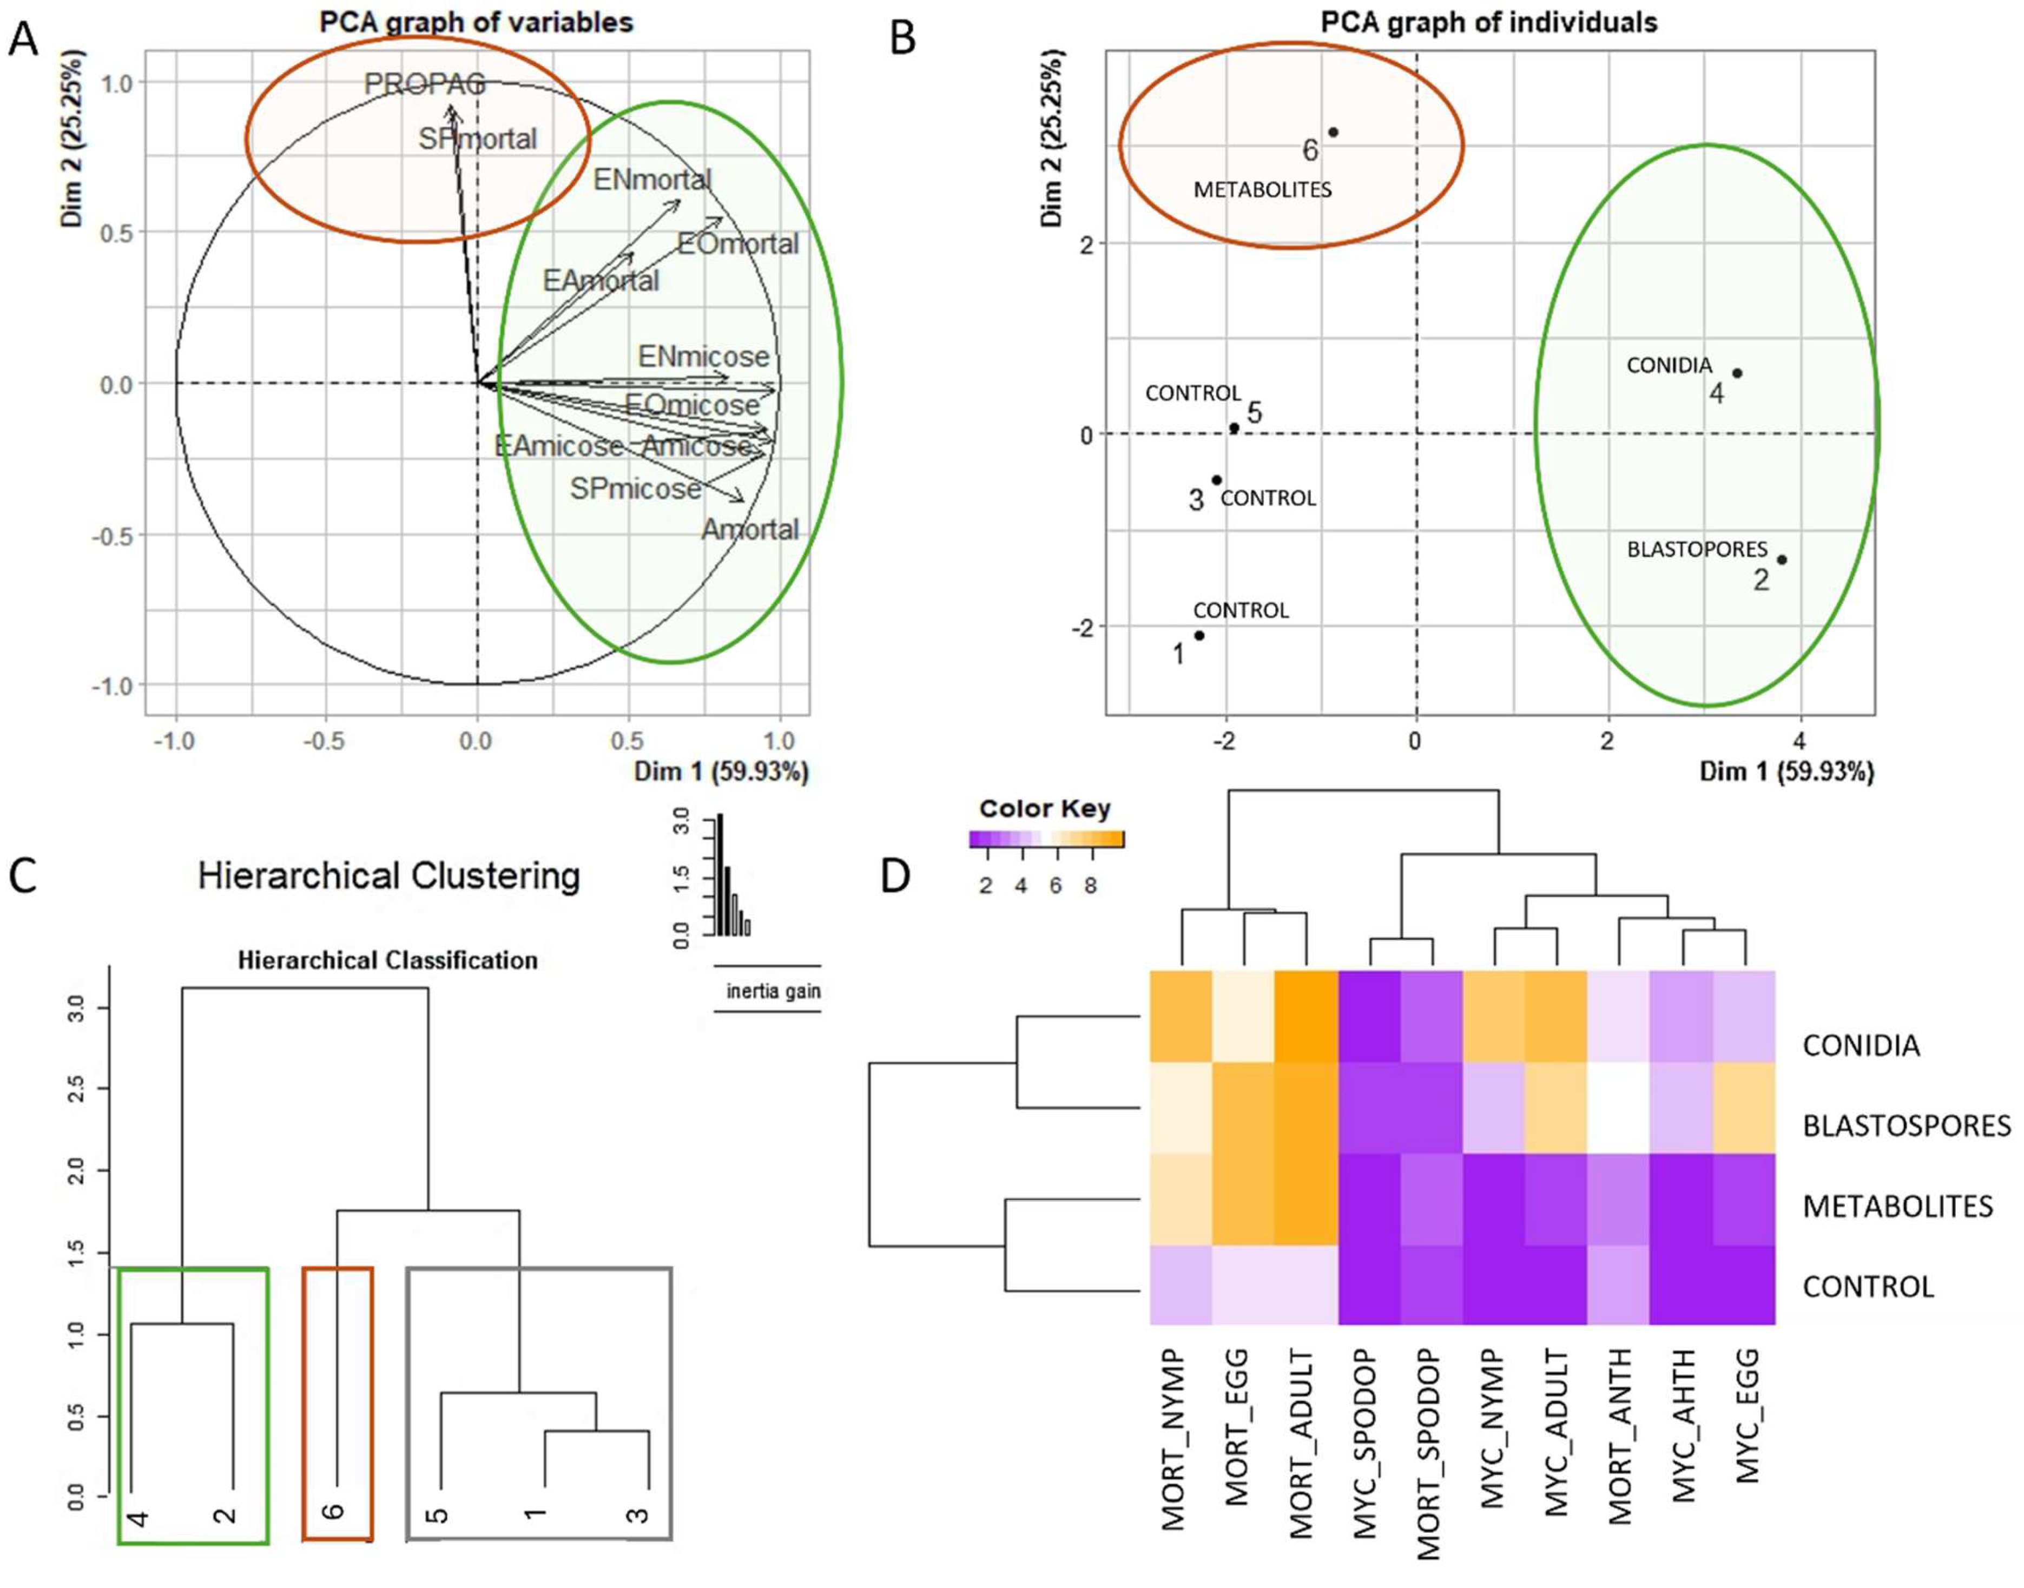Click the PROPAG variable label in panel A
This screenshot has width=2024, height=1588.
coord(425,84)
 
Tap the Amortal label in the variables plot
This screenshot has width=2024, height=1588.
coord(749,529)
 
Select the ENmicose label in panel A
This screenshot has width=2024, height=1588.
coord(703,356)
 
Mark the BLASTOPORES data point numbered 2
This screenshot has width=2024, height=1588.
coord(1781,559)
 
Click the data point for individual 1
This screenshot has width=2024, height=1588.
coord(1199,636)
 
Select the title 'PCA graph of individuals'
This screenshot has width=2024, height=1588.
coord(1488,22)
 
